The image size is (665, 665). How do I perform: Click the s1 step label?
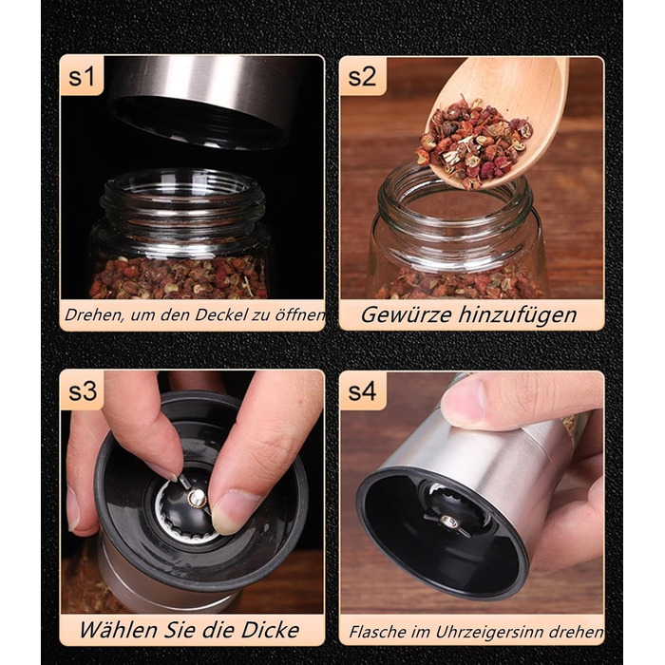pos(81,76)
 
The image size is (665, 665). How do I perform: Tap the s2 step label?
pos(362,76)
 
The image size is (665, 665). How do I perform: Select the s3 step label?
pos(83,391)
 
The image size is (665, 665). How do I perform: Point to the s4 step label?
pos(362,391)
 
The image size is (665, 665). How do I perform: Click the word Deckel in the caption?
pos(217,314)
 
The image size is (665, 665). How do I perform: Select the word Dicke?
pos(270,629)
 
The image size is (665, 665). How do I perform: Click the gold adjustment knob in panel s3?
pos(197,498)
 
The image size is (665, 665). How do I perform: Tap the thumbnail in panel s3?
pos(234,512)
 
